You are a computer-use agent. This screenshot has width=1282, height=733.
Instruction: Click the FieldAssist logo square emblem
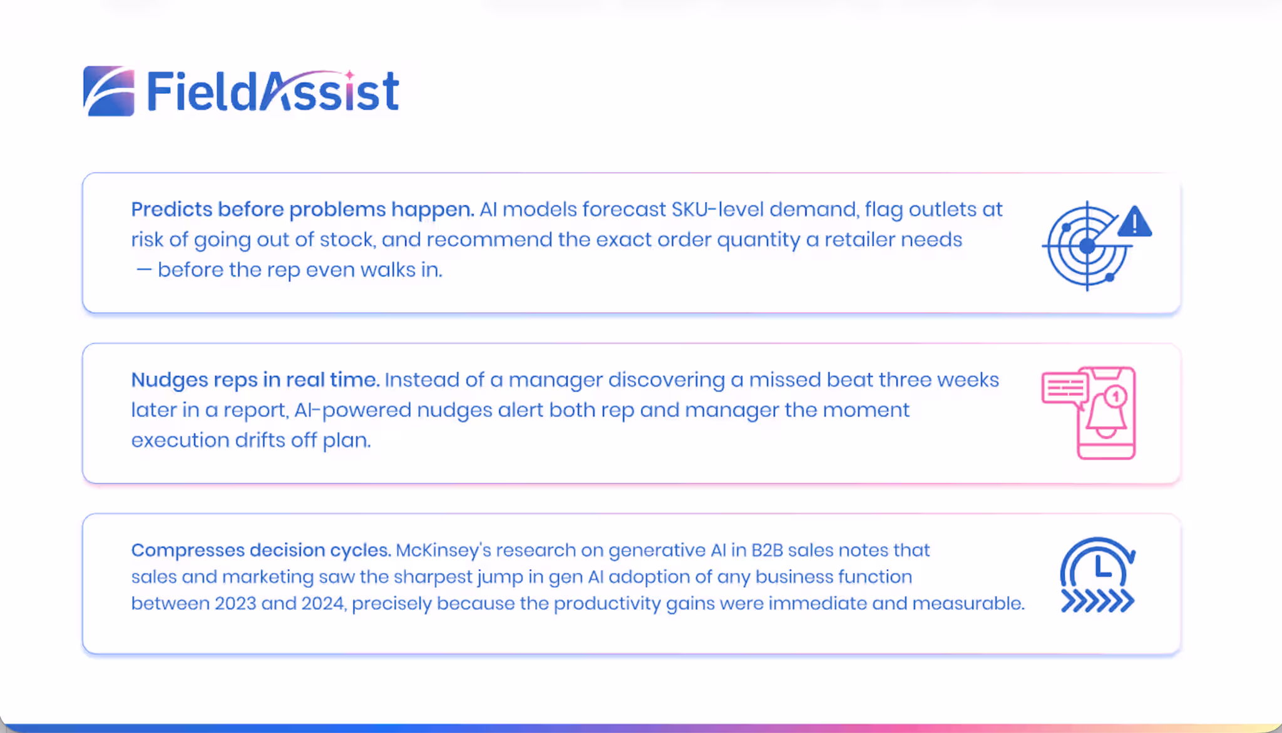[x=108, y=91]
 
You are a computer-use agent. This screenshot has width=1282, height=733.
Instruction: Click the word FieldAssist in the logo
[x=273, y=91]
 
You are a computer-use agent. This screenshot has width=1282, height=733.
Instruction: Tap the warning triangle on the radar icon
[x=1134, y=221]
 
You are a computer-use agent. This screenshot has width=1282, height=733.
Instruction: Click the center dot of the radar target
[x=1087, y=246]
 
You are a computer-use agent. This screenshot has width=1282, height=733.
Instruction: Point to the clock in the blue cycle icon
[x=1097, y=567]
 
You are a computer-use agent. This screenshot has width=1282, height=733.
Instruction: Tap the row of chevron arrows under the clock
[x=1097, y=601]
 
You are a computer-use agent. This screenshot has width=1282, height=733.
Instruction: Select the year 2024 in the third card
[x=324, y=604]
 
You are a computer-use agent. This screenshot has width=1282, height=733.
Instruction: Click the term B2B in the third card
[x=767, y=550]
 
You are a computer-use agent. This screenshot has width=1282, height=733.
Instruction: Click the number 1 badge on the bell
[x=1115, y=397]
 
